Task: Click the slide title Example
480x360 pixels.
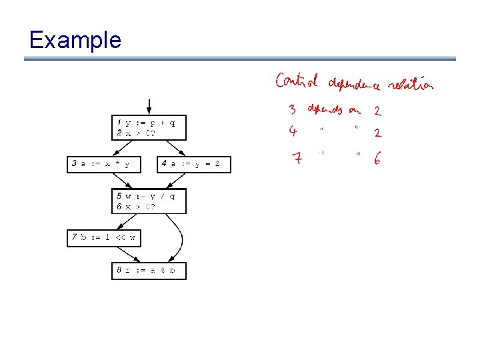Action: pos(75,40)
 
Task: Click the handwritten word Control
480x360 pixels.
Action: pos(297,82)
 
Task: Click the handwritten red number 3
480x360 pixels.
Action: pos(293,109)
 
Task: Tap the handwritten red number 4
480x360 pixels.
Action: pos(293,131)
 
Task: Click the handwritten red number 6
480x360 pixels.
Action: pos(378,159)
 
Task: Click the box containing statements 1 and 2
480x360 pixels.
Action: pos(149,127)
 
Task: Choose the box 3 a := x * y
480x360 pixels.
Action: pos(104,164)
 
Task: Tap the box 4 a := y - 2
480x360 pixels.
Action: pos(194,164)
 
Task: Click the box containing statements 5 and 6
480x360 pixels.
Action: pos(149,201)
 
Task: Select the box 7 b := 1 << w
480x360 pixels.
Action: pos(104,237)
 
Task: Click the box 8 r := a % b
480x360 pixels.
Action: pos(149,271)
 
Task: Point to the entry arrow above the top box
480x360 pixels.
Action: pos(149,107)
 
